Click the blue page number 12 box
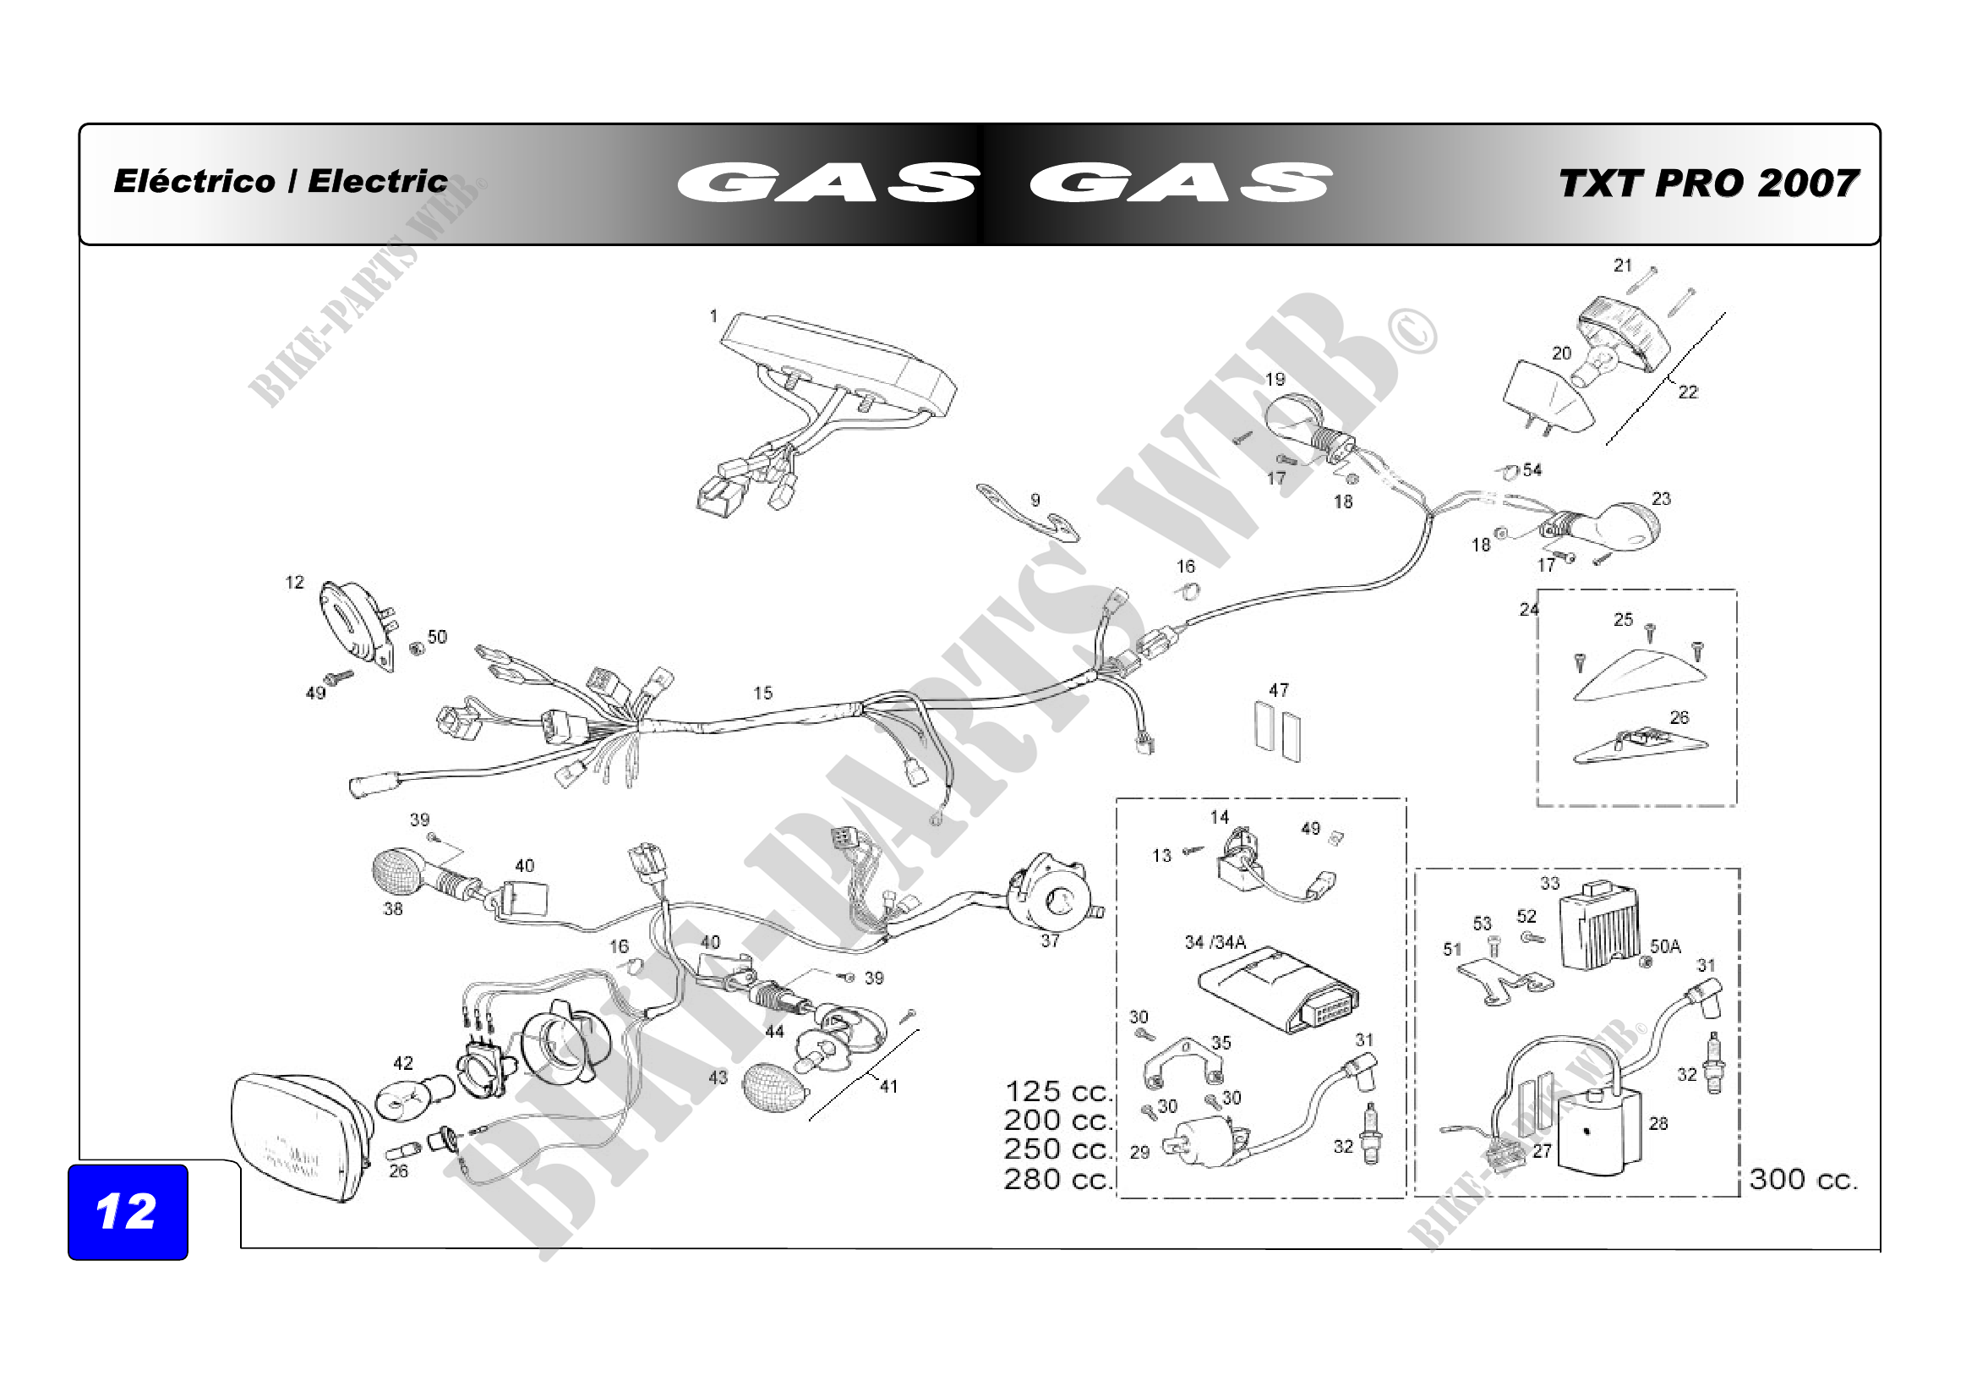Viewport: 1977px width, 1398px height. pyautogui.click(x=128, y=1212)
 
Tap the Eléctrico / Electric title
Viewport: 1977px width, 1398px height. pyautogui.click(x=281, y=182)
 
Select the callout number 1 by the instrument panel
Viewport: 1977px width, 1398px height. pyautogui.click(x=713, y=316)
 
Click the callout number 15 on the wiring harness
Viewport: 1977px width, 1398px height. pyautogui.click(x=763, y=693)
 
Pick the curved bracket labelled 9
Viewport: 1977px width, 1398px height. pyautogui.click(x=1028, y=514)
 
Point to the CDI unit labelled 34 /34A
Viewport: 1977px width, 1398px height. pyautogui.click(x=1279, y=990)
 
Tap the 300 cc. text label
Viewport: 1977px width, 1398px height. pyautogui.click(x=1804, y=1178)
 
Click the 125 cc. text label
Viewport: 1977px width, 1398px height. pyautogui.click(x=1059, y=1091)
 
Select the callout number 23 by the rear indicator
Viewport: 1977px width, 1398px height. pyautogui.click(x=1661, y=499)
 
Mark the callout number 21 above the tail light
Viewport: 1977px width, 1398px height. pyautogui.click(x=1623, y=266)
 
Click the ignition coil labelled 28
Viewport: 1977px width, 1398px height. pyautogui.click(x=1600, y=1131)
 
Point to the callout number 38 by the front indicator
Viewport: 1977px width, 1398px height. pyautogui.click(x=393, y=909)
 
